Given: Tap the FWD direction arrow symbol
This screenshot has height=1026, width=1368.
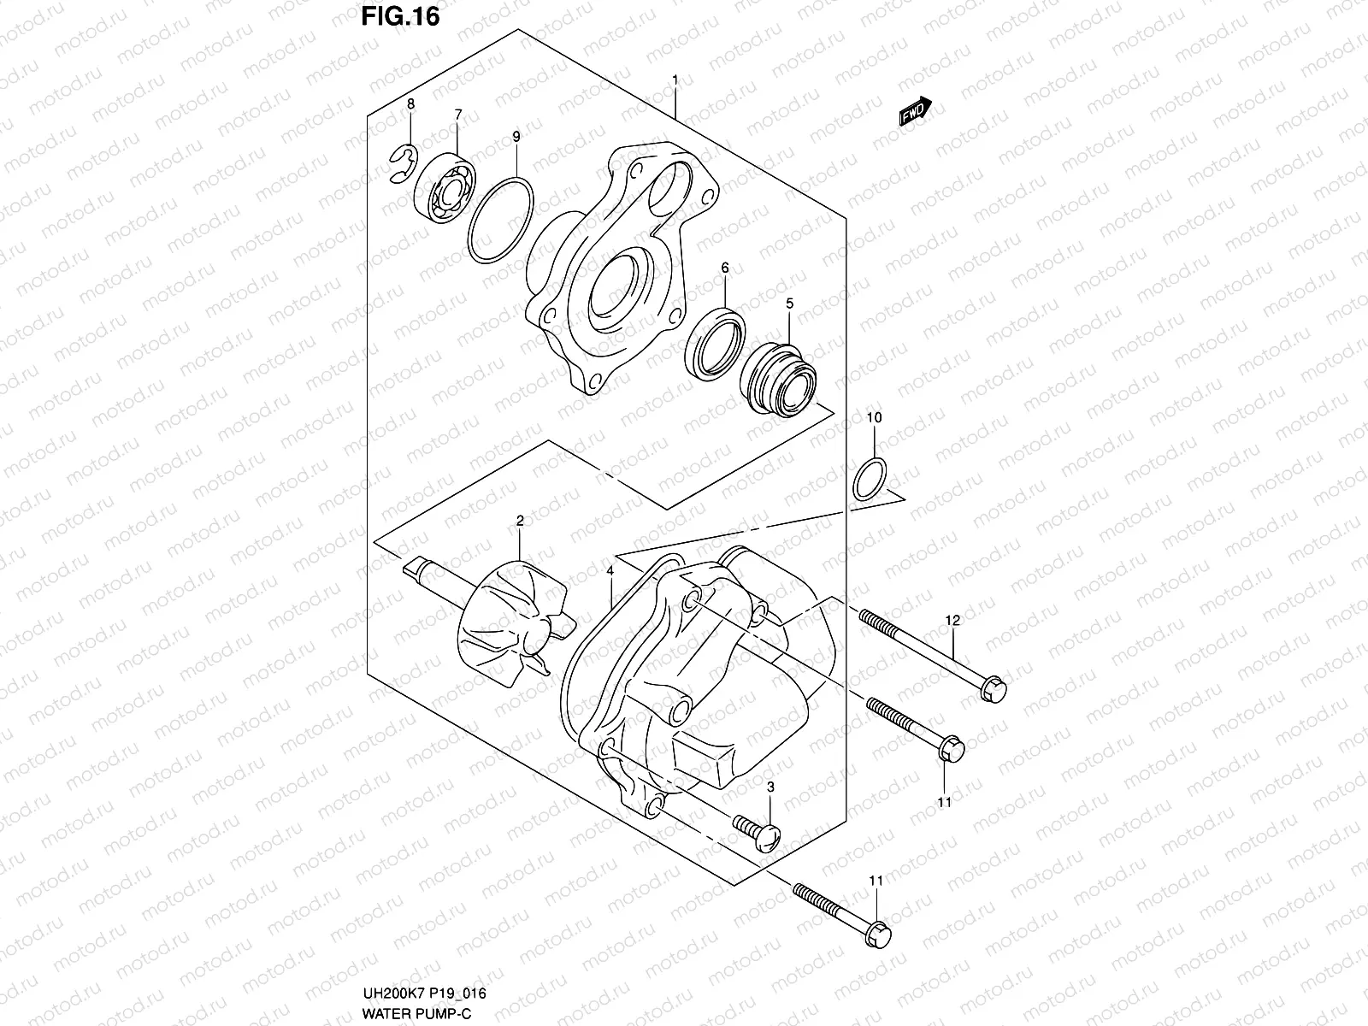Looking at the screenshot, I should point(915,112).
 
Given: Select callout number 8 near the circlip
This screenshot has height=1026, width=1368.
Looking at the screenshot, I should point(410,104).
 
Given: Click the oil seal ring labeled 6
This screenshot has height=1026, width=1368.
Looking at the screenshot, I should point(715,342).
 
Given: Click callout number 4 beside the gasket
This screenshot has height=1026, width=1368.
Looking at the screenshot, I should point(610,570).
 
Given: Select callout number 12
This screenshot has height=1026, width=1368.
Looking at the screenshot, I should point(952,619).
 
